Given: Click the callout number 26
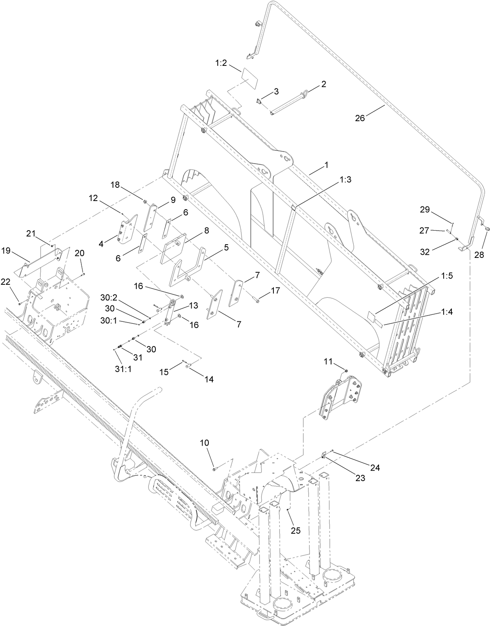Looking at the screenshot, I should pyautogui.click(x=360, y=118).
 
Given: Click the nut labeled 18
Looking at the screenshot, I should pyautogui.click(x=145, y=202).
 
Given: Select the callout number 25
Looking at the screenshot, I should pyautogui.click(x=296, y=530).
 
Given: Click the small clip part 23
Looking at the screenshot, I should pyautogui.click(x=324, y=455).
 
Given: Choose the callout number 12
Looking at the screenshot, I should pyautogui.click(x=93, y=198).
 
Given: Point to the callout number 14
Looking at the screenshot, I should pyautogui.click(x=209, y=379).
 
